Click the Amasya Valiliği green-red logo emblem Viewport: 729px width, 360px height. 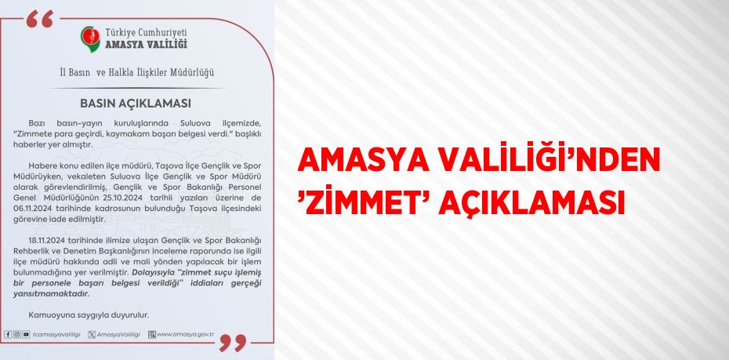tap(89, 38)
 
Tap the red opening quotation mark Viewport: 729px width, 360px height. tap(39, 19)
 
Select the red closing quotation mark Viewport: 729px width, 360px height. tap(233, 343)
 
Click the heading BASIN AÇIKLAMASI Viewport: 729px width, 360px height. tap(136, 104)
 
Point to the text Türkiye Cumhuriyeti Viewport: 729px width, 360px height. tap(146, 33)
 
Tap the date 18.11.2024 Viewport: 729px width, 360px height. tap(47, 240)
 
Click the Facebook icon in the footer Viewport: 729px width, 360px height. tap(8, 334)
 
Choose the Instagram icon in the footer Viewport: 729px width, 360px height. tap(16, 334)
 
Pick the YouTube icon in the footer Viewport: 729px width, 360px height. tap(26, 334)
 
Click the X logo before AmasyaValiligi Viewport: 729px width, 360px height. tap(92, 334)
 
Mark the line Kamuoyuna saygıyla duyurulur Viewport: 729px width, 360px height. tap(89, 315)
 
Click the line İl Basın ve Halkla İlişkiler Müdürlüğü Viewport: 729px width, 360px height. tap(137, 73)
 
